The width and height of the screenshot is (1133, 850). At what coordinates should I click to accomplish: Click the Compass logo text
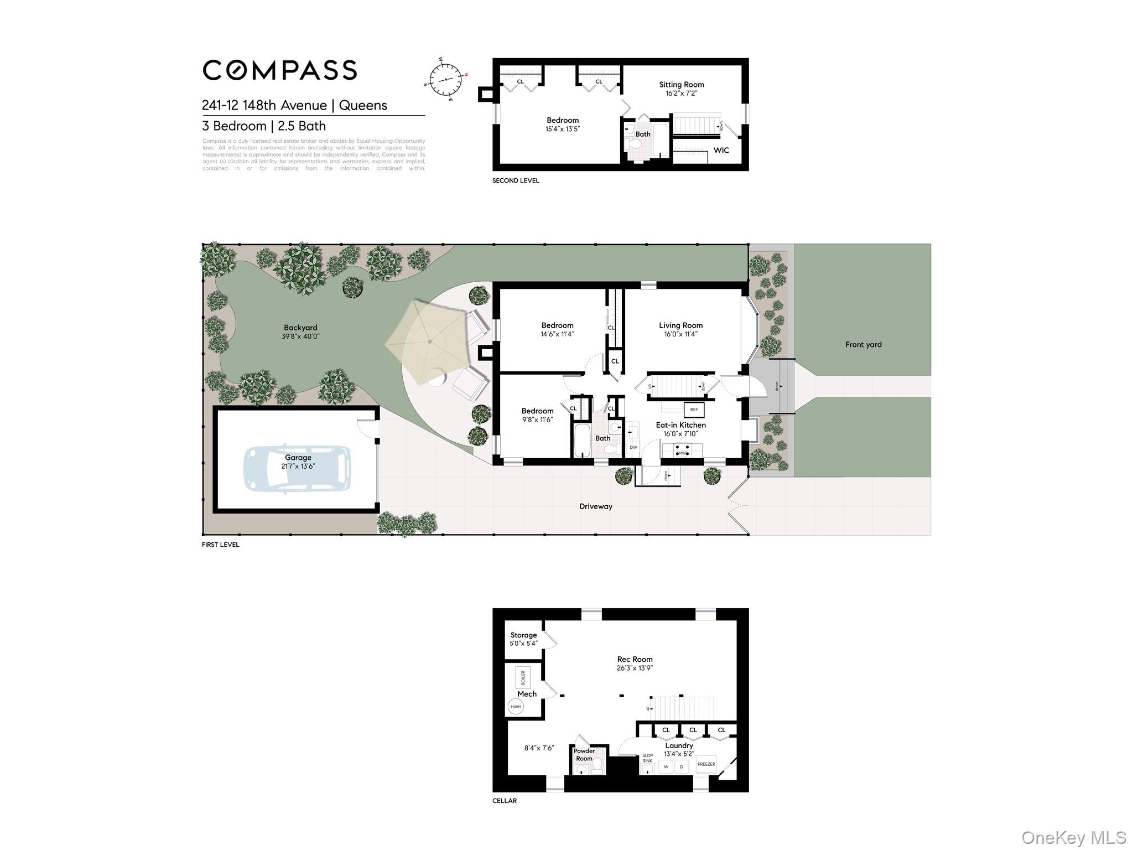pyautogui.click(x=279, y=70)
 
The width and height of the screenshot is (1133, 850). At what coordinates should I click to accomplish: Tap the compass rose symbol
pyautogui.click(x=445, y=80)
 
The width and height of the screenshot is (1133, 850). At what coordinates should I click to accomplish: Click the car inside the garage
pyautogui.click(x=298, y=468)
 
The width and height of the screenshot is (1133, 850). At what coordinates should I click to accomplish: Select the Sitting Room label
pyautogui.click(x=681, y=85)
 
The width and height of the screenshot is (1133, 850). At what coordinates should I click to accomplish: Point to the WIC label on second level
pyautogui.click(x=721, y=151)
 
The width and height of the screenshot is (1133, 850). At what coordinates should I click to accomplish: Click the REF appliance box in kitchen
pyautogui.click(x=694, y=410)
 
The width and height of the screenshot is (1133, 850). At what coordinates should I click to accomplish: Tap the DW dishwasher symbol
pyautogui.click(x=633, y=447)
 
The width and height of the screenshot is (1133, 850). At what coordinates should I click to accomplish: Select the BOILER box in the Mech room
pyautogui.click(x=523, y=677)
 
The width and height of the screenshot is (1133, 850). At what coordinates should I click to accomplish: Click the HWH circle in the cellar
pyautogui.click(x=516, y=707)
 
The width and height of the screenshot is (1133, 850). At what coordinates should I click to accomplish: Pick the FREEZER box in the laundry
pyautogui.click(x=706, y=764)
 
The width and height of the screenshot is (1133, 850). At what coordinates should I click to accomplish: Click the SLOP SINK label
pyautogui.click(x=647, y=758)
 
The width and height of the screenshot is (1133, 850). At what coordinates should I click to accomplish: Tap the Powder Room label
pyautogui.click(x=584, y=755)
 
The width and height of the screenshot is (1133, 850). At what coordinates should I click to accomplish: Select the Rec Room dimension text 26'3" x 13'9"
pyautogui.click(x=635, y=668)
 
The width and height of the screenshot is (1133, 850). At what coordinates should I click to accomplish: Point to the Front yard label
pyautogui.click(x=863, y=345)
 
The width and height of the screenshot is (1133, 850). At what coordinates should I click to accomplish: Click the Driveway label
pyautogui.click(x=595, y=506)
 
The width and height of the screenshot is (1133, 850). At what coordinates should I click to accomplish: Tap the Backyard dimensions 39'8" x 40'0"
pyautogui.click(x=300, y=336)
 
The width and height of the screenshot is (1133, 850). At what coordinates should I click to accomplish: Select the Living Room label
pyautogui.click(x=680, y=325)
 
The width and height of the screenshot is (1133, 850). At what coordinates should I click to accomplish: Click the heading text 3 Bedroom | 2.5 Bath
pyautogui.click(x=264, y=126)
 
